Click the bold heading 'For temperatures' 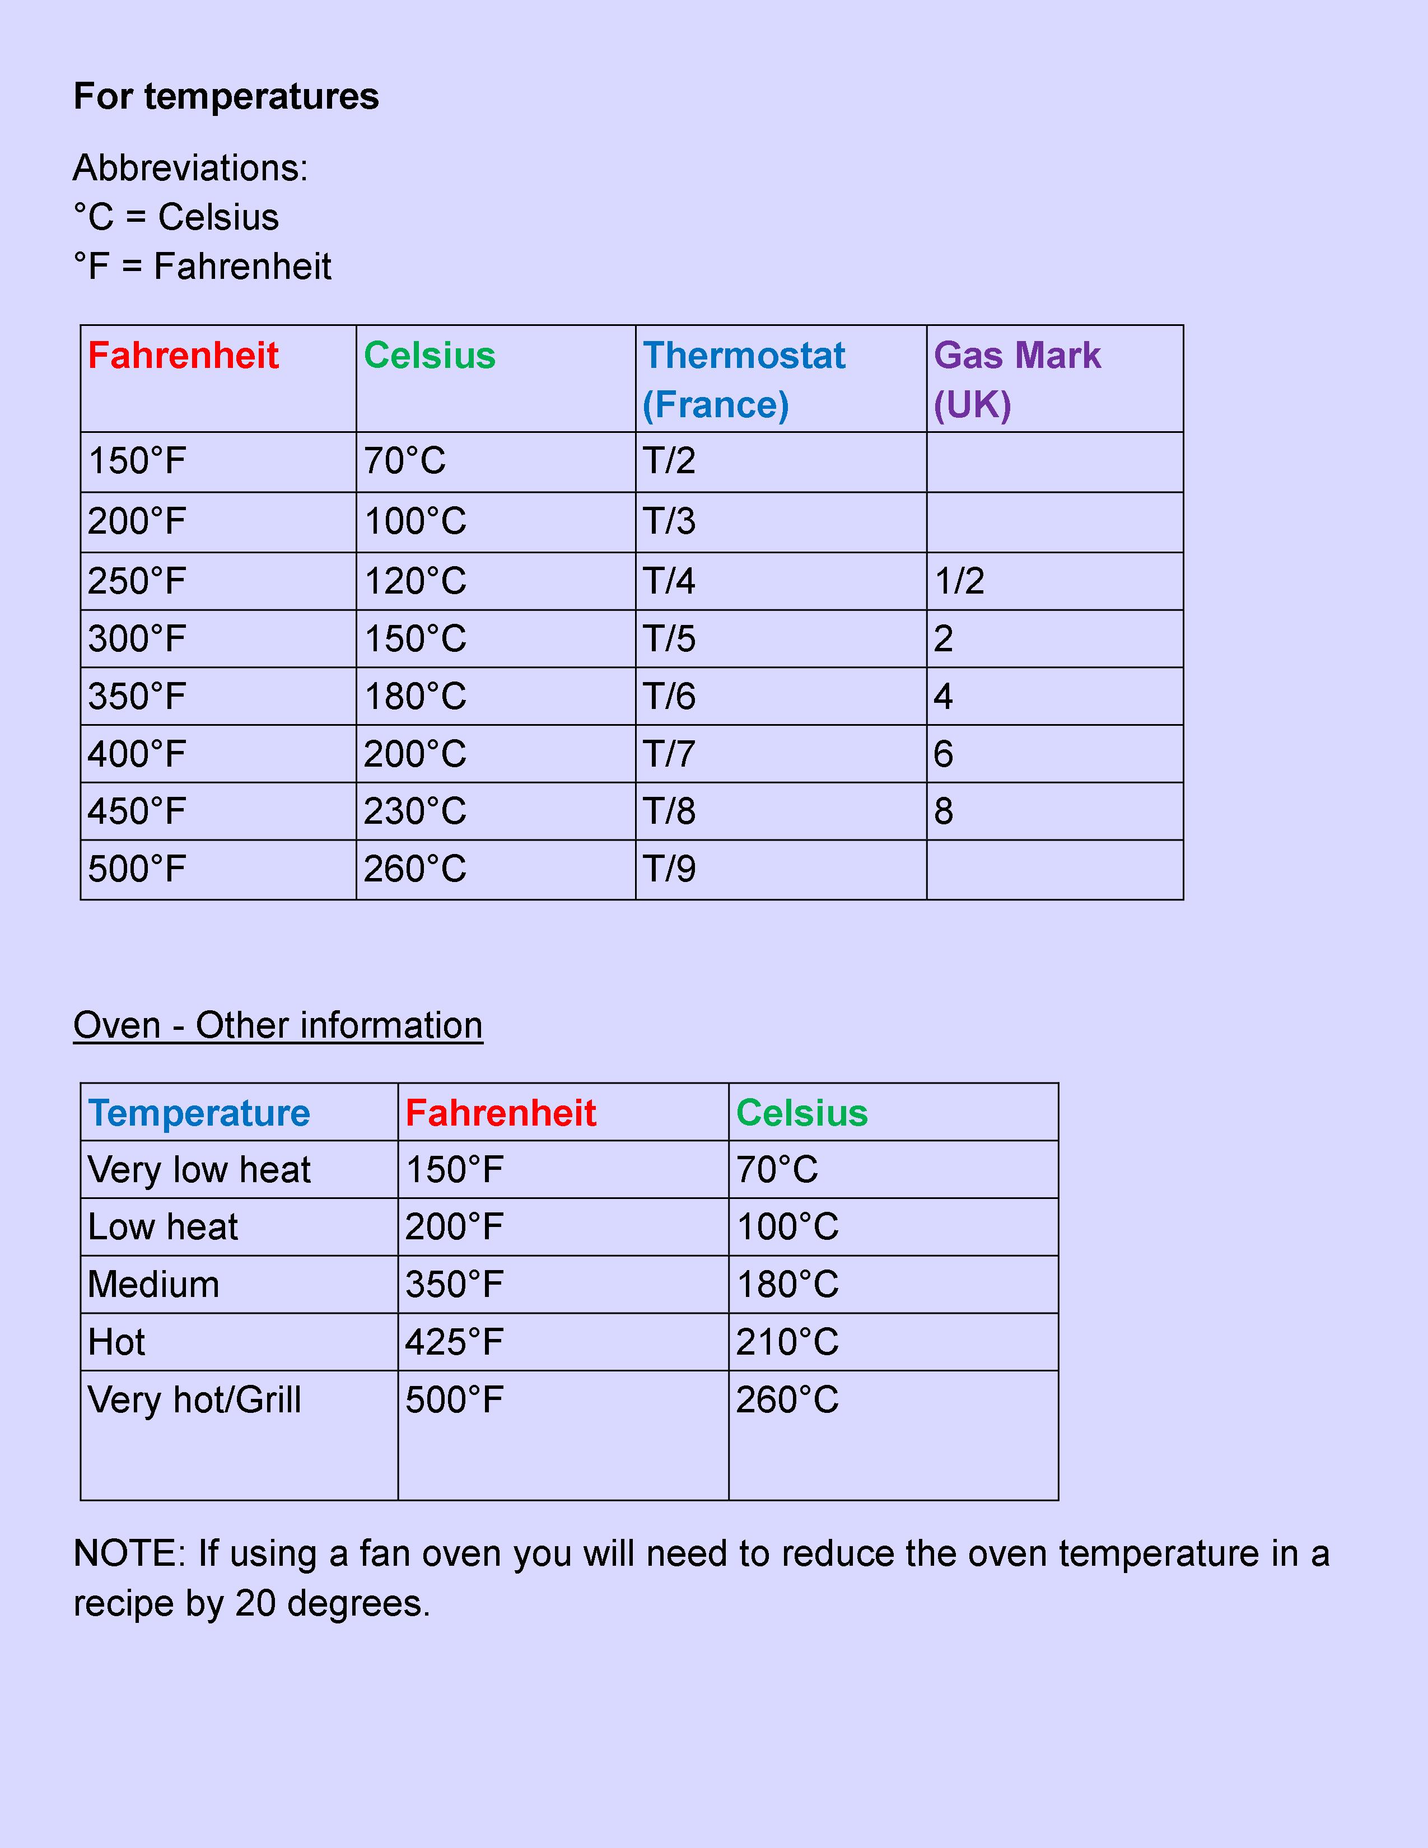[x=226, y=96]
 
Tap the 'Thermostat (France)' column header [x=744, y=379]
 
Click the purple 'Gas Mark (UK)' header [x=1017, y=379]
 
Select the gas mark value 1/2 [x=959, y=581]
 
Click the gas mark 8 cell [x=944, y=811]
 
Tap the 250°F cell [x=137, y=581]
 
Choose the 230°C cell [x=414, y=811]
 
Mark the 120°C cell [x=414, y=581]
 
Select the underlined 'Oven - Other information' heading [x=277, y=1025]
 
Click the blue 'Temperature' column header [x=199, y=1113]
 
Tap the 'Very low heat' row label [x=199, y=1169]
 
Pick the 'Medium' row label [x=153, y=1285]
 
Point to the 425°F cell [x=454, y=1342]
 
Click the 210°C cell [x=787, y=1342]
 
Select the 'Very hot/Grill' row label [x=194, y=1399]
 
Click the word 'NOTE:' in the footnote [x=129, y=1553]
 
